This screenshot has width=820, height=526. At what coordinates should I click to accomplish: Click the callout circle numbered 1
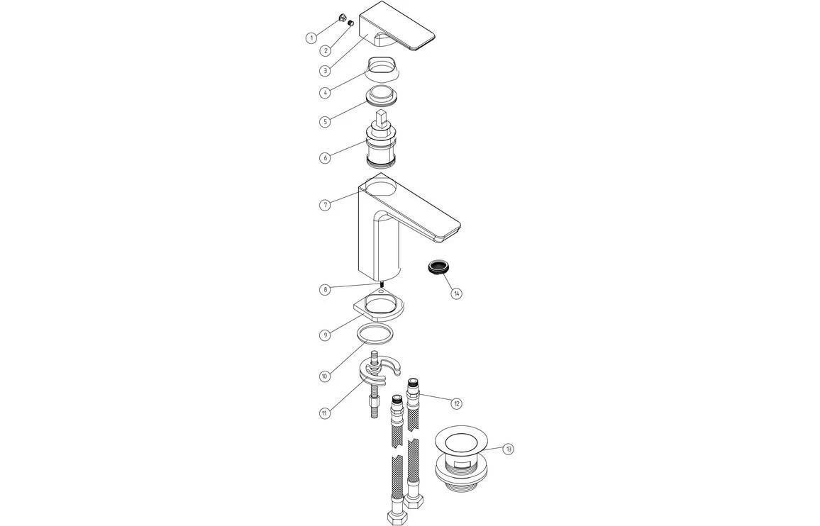(x=311, y=38)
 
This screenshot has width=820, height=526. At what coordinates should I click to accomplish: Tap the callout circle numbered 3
(x=324, y=70)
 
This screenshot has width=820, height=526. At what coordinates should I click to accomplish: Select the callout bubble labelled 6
(x=325, y=157)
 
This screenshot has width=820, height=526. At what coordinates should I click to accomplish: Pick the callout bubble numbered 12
(x=457, y=403)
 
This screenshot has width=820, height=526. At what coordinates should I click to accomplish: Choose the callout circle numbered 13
(x=509, y=449)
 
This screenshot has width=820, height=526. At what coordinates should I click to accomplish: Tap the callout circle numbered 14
(x=457, y=293)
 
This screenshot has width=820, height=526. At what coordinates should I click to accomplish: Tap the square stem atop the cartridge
(x=382, y=117)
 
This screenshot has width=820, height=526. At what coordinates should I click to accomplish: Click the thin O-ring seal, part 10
(x=375, y=334)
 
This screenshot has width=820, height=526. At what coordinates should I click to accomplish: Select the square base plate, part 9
(x=379, y=308)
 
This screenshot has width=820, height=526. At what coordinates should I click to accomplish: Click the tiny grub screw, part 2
(x=350, y=23)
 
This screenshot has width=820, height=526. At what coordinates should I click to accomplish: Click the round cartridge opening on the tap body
(x=384, y=188)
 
